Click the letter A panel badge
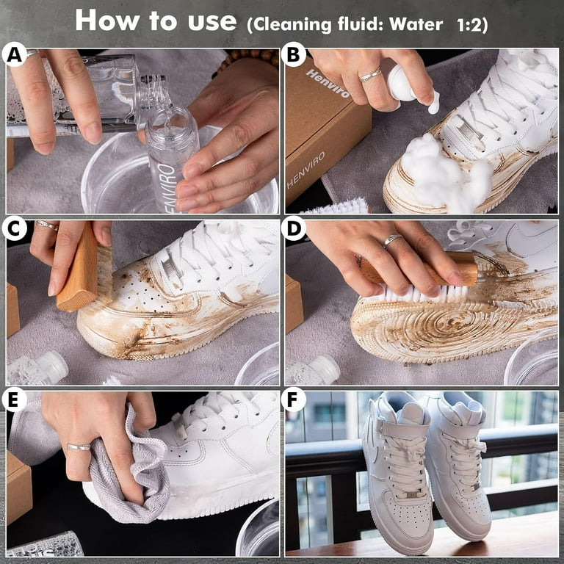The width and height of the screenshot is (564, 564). [x=15, y=55]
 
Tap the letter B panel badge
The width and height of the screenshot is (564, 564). [x=294, y=55]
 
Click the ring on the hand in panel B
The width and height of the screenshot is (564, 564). [x=370, y=74]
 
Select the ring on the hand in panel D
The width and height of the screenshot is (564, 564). [x=391, y=239]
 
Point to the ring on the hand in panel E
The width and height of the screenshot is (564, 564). [x=79, y=446]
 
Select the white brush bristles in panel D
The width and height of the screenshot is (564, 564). [x=419, y=294]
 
